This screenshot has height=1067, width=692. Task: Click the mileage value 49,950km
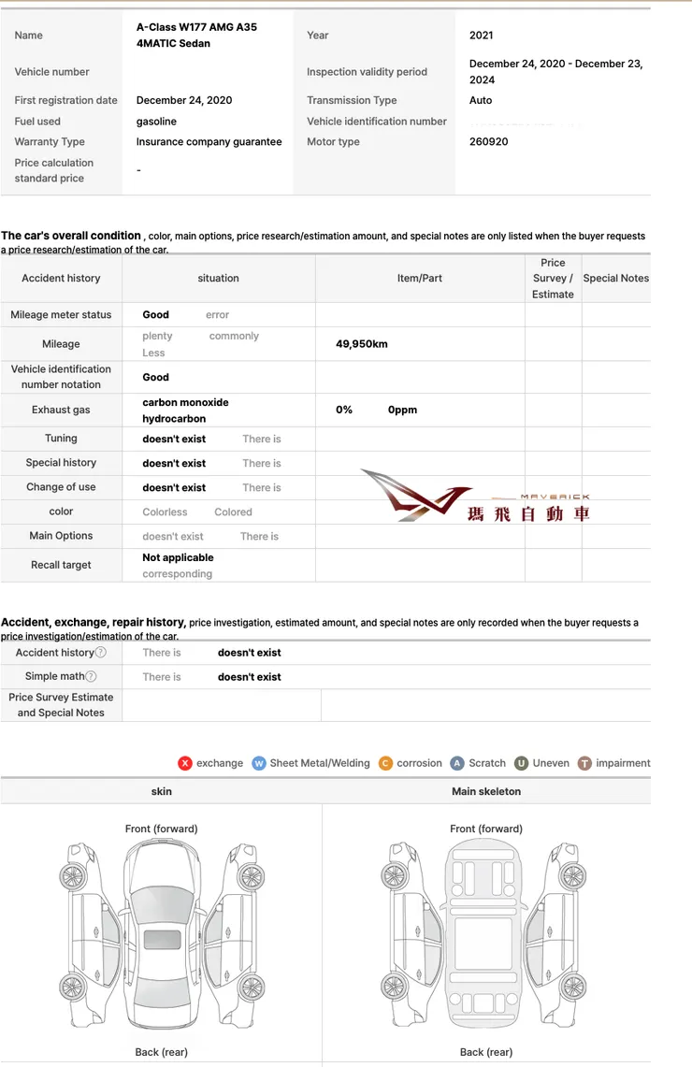pyautogui.click(x=361, y=344)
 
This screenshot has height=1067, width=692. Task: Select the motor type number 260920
pyautogui.click(x=488, y=142)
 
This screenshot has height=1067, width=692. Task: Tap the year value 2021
pyautogui.click(x=481, y=36)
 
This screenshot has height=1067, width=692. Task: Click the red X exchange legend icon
pyautogui.click(x=185, y=763)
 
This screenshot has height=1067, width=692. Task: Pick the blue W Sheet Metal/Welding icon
pyautogui.click(x=259, y=763)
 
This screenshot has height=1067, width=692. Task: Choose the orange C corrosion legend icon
pyautogui.click(x=386, y=763)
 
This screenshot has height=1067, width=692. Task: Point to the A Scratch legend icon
pyautogui.click(x=457, y=763)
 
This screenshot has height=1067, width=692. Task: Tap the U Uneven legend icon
pyautogui.click(x=521, y=763)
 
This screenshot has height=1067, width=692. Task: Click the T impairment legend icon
pyautogui.click(x=584, y=763)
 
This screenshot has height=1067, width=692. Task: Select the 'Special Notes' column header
pyautogui.click(x=615, y=279)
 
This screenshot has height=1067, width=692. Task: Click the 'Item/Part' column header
pyautogui.click(x=420, y=279)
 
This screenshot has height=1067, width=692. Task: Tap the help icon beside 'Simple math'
pyautogui.click(x=91, y=677)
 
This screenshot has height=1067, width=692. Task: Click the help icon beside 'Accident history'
pyautogui.click(x=101, y=653)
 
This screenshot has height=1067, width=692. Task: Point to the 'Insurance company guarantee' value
pyautogui.click(x=209, y=142)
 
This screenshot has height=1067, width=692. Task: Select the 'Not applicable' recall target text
pyautogui.click(x=178, y=557)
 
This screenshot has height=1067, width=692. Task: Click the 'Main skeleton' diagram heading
pyautogui.click(x=486, y=791)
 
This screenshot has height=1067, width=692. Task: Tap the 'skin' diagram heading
pyautogui.click(x=161, y=791)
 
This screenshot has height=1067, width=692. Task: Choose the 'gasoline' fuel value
pyautogui.click(x=156, y=122)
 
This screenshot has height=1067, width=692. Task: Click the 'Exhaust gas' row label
pyautogui.click(x=61, y=411)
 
